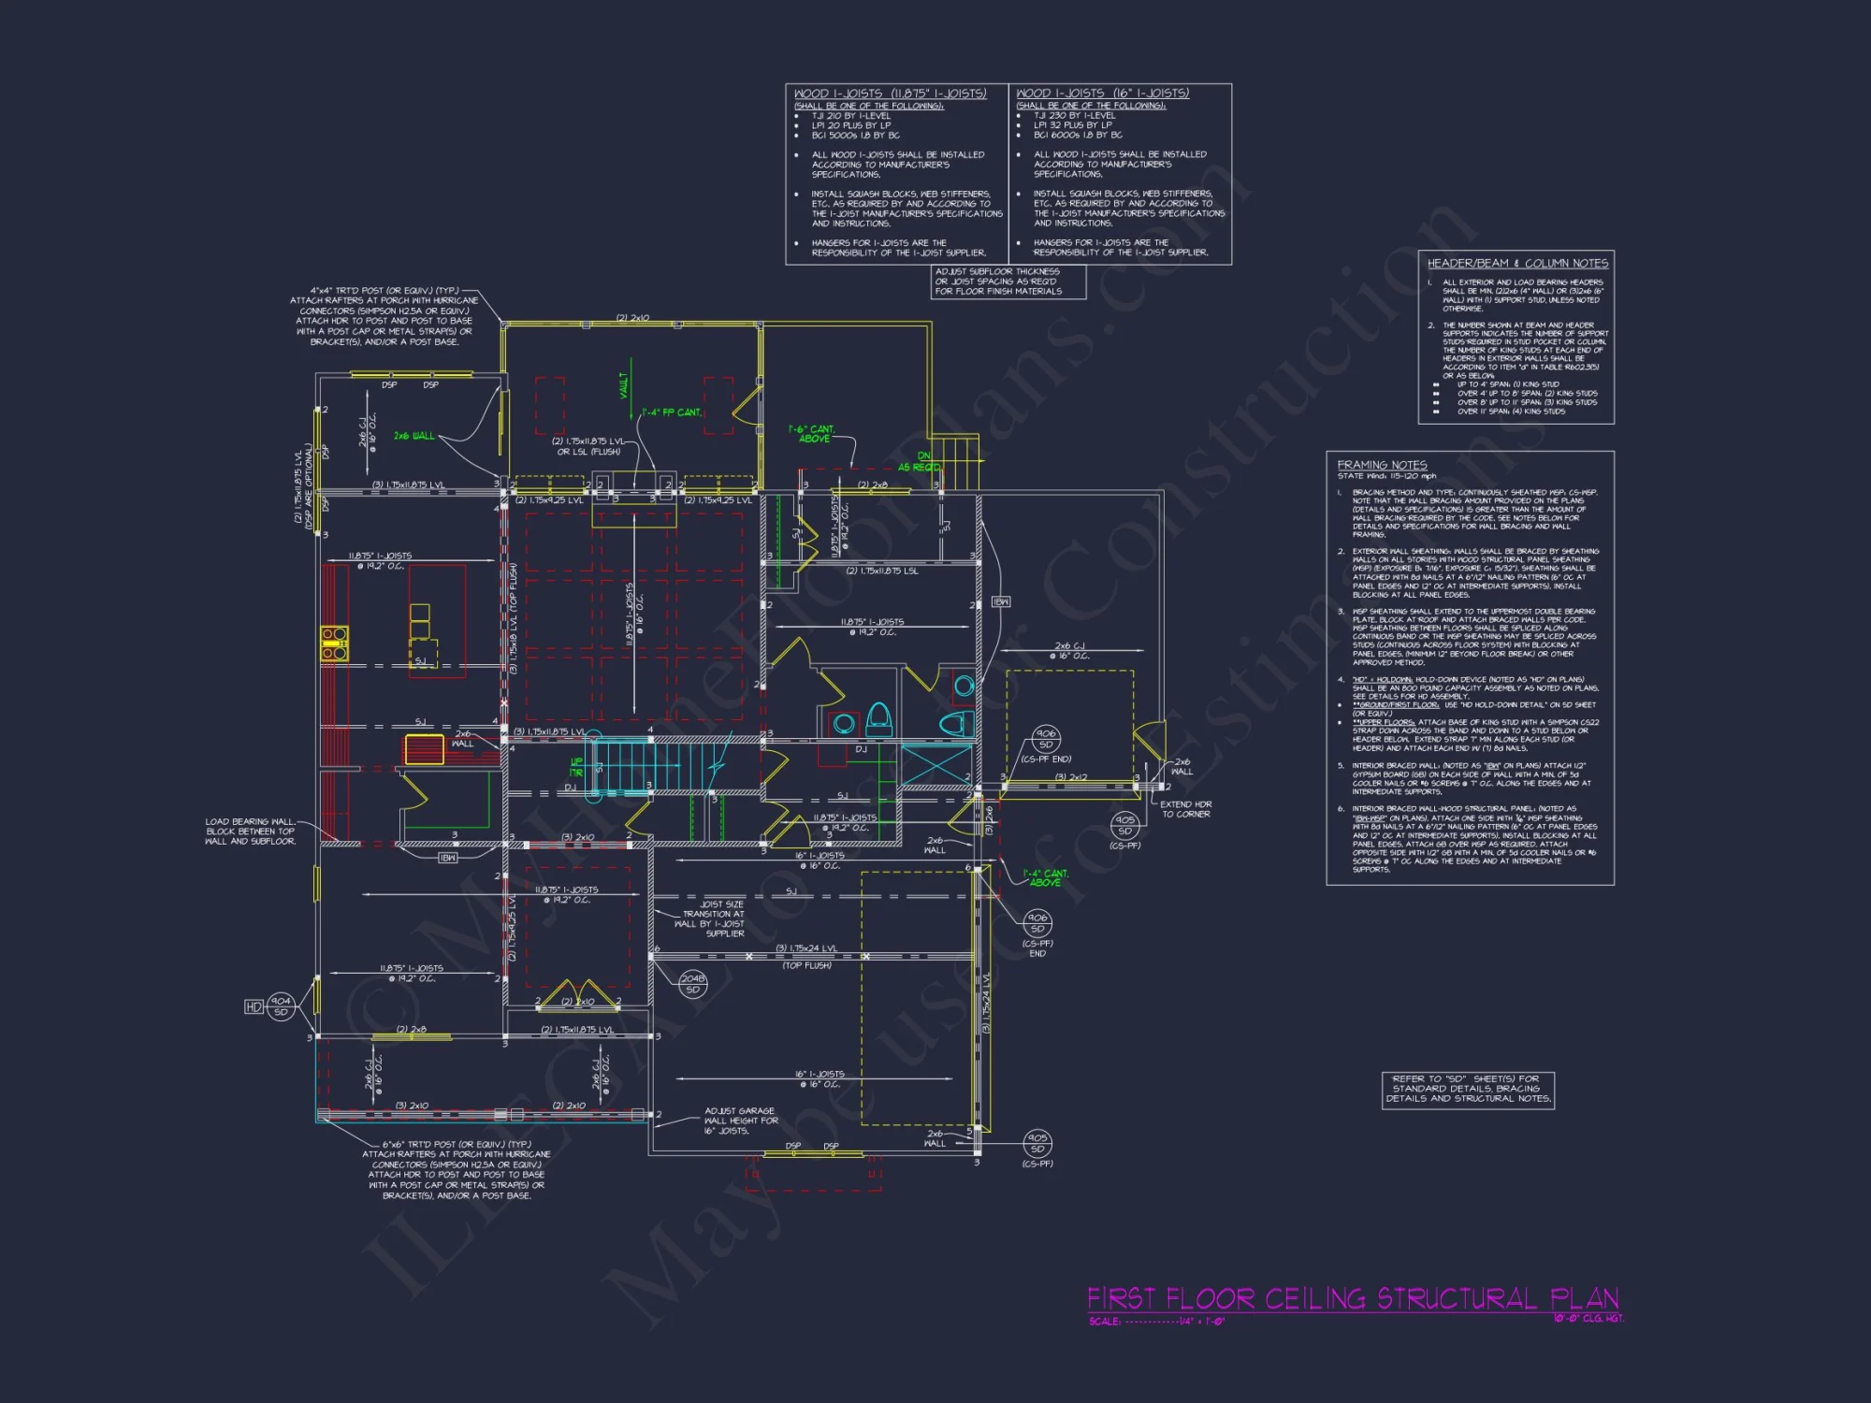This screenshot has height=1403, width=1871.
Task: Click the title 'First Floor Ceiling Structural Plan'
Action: (x=1352, y=1298)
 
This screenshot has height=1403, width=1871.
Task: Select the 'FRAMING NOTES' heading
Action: (x=1382, y=465)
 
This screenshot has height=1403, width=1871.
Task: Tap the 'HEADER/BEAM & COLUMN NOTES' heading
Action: (x=1517, y=264)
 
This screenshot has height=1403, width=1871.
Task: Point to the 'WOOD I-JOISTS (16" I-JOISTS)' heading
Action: (x=1102, y=94)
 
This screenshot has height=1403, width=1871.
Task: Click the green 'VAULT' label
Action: (x=624, y=384)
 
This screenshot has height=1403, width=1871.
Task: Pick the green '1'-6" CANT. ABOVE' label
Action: (x=812, y=434)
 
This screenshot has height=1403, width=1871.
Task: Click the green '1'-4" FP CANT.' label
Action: (x=671, y=412)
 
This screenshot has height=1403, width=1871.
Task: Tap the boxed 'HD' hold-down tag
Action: (x=254, y=1006)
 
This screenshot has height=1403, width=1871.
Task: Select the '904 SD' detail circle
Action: (x=281, y=1006)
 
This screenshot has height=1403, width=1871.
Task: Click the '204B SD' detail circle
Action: (x=692, y=984)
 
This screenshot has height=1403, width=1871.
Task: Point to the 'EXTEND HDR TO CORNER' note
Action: (x=1185, y=809)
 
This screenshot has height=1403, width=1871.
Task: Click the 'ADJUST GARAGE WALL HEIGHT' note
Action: (x=740, y=1121)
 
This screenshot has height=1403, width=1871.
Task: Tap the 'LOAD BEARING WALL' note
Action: (x=251, y=832)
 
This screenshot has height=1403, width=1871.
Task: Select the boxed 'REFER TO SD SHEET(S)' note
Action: (x=1467, y=1089)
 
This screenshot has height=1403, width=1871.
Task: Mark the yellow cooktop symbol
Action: (x=334, y=644)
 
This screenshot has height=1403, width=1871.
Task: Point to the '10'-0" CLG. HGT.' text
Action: (x=1588, y=1319)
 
